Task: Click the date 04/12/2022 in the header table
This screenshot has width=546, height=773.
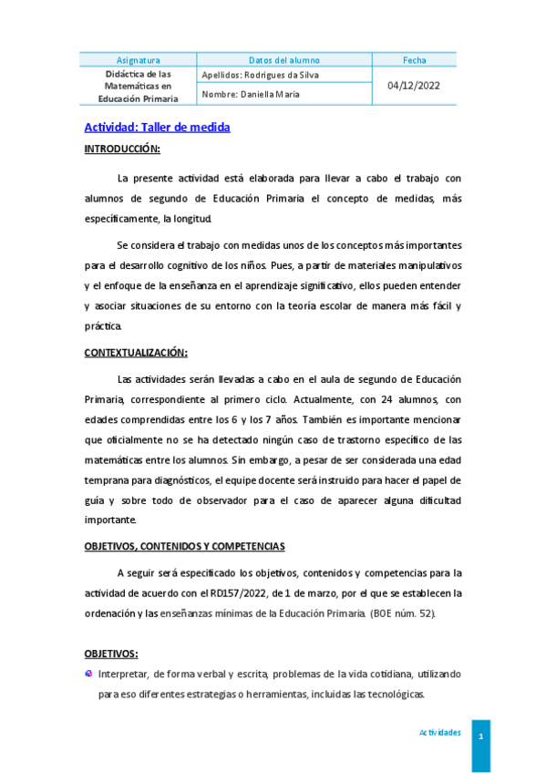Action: [414, 84]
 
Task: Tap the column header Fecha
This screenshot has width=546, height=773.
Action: [414, 60]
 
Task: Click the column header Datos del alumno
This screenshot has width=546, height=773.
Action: [284, 60]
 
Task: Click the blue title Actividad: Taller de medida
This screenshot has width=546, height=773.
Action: [157, 127]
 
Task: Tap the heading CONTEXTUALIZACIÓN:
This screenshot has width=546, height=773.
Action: [136, 352]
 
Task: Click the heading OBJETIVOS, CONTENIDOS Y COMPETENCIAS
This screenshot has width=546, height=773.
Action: [185, 546]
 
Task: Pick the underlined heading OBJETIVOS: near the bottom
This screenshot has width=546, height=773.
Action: [111, 654]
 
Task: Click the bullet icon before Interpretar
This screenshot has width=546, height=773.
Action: [88, 674]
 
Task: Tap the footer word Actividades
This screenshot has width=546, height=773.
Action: [439, 733]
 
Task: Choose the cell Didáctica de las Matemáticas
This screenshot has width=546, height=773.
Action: [139, 84]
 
